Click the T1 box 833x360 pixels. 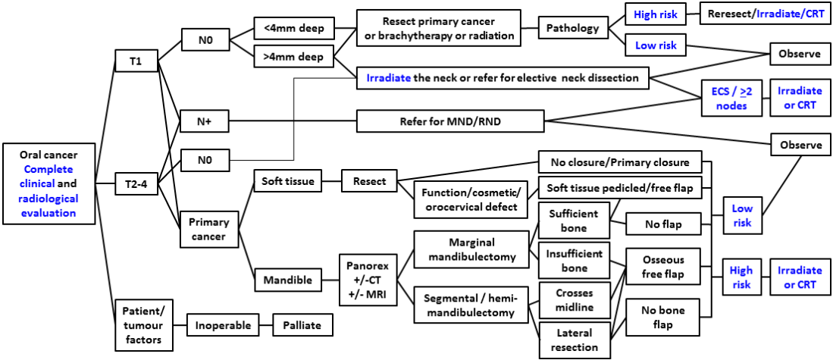coord(136,61)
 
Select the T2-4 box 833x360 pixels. coord(136,183)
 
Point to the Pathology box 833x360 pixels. coord(572,30)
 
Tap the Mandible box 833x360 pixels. coord(287,280)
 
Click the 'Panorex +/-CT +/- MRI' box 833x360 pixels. coord(367,280)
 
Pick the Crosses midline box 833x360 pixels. coord(574,301)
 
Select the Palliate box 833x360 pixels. coord(302,326)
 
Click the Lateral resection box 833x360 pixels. coord(574,340)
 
